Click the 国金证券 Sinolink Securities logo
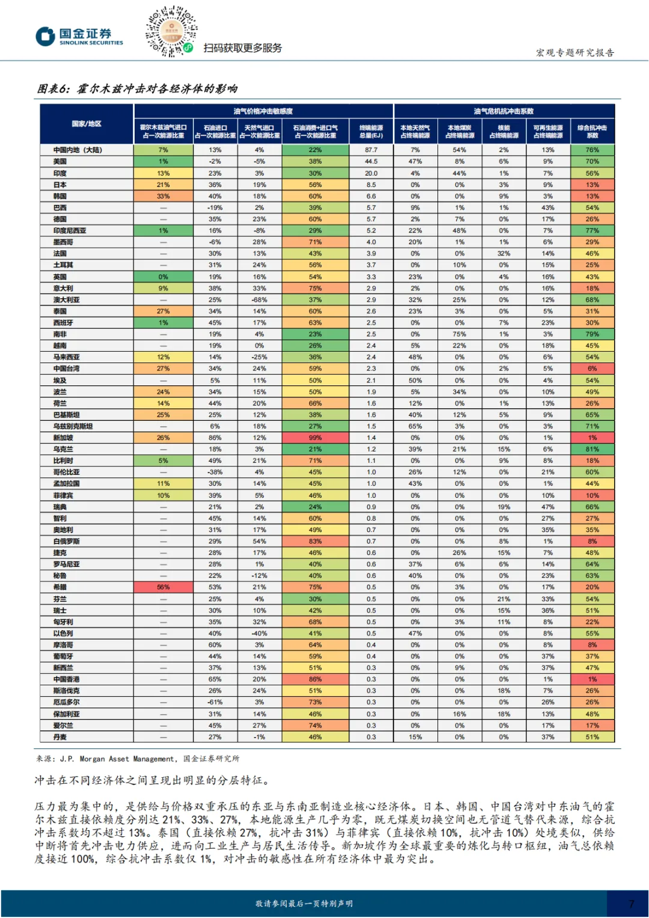point(79,36)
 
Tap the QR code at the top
point(171,31)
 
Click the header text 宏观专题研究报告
point(574,52)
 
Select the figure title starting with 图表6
point(137,89)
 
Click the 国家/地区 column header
point(87,124)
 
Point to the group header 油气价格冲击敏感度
point(263,111)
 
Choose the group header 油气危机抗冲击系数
point(504,111)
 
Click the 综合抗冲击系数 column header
point(592,132)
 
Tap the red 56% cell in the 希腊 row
point(163,587)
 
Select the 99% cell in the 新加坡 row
point(315,438)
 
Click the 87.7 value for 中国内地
point(371,150)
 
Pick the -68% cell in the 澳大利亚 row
point(259,300)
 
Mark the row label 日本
point(60,185)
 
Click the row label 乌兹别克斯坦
point(73,426)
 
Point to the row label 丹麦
point(60,737)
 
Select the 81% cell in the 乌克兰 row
point(592,449)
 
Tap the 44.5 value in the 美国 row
point(371,161)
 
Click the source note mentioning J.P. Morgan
point(137,759)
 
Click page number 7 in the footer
point(631,904)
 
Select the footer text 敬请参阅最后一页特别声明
point(303,904)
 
